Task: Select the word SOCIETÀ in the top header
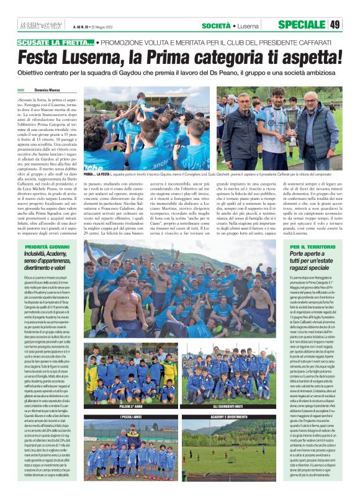(216, 25)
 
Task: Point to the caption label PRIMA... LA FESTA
(96, 176)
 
